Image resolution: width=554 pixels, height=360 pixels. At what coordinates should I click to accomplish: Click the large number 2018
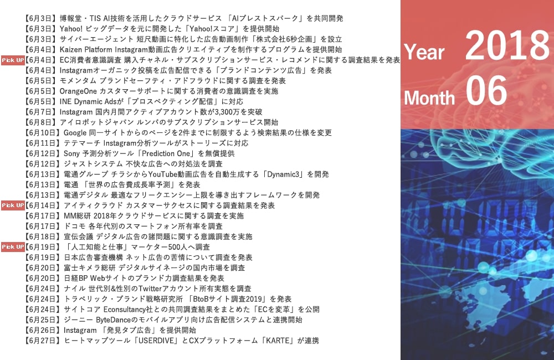507,45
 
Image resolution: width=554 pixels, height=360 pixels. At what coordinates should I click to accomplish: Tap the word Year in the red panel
424,52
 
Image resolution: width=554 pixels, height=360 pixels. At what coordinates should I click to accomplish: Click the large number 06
486,91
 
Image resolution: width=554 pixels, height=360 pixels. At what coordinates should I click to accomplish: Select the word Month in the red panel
429,97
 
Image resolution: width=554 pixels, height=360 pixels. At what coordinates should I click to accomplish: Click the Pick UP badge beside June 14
13,205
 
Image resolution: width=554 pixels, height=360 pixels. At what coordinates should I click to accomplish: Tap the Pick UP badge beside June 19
13,247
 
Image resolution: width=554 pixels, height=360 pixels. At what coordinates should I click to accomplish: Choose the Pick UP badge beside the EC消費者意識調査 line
13,60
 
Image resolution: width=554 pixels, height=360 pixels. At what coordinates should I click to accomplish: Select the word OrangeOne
78,91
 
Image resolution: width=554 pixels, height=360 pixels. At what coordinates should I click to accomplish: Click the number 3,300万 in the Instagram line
228,112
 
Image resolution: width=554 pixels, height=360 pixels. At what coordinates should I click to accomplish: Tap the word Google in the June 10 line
75,133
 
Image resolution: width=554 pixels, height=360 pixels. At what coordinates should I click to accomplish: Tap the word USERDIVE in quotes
157,341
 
